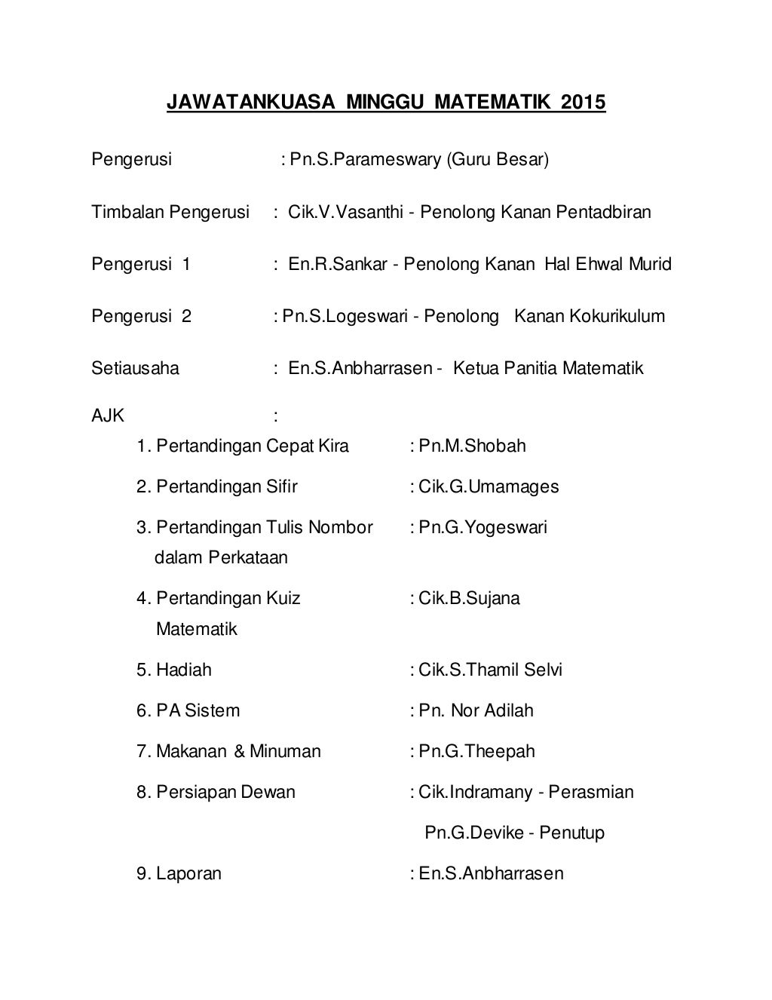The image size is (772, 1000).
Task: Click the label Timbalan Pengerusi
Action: [x=170, y=212]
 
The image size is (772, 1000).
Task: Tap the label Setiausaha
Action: [x=136, y=368]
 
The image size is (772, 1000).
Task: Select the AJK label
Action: [x=109, y=416]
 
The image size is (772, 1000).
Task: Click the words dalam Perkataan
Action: [x=221, y=558]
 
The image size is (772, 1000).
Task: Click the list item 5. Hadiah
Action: [x=174, y=670]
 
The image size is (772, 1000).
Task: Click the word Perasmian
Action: [x=591, y=792]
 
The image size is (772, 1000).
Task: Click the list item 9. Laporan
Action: [x=179, y=873]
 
